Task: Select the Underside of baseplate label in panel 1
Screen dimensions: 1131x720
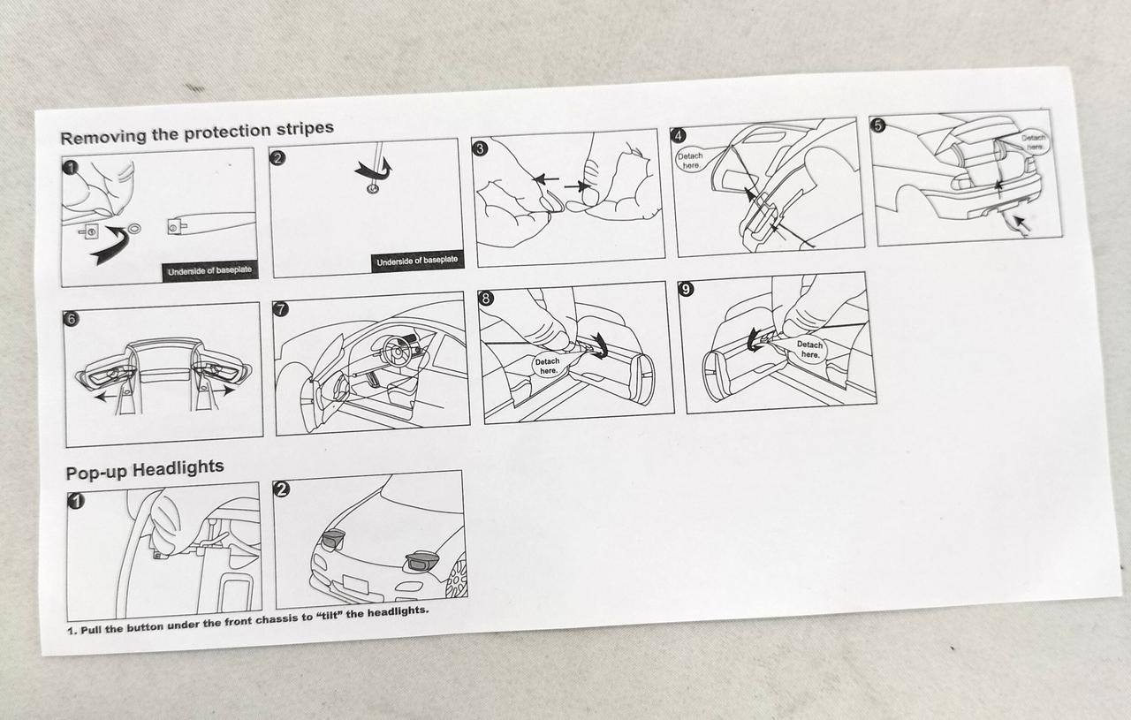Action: click(x=209, y=271)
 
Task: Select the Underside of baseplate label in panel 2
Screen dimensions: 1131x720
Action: click(x=417, y=261)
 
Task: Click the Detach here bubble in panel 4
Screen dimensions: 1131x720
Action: click(x=690, y=161)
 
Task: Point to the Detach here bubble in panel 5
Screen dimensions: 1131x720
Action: click(x=1034, y=142)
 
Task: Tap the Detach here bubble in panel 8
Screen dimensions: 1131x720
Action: click(x=547, y=366)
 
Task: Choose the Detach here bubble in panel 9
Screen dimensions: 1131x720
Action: click(x=810, y=349)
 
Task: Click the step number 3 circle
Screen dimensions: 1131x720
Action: click(x=480, y=148)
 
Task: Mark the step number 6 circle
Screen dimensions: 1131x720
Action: click(x=72, y=319)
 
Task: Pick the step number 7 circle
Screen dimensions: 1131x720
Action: click(x=280, y=308)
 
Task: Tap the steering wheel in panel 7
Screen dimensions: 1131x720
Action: click(x=398, y=352)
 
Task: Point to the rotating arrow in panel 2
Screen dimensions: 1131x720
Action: click(x=375, y=170)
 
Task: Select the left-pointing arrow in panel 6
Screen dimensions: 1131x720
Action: click(x=111, y=397)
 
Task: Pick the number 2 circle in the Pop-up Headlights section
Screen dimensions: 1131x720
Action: click(x=281, y=489)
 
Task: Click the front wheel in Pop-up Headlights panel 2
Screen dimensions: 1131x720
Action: click(x=457, y=577)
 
